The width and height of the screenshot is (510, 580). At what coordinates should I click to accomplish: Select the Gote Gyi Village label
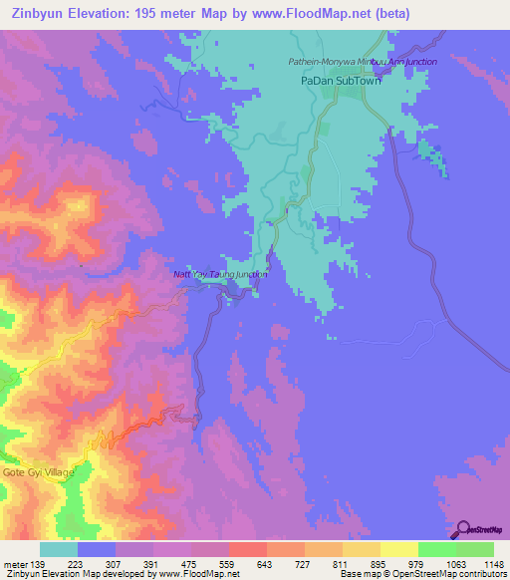(x=38, y=471)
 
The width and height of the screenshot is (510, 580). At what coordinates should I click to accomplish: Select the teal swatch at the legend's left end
(x=59, y=549)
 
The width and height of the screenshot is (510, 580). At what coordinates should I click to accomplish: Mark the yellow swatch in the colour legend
(x=398, y=549)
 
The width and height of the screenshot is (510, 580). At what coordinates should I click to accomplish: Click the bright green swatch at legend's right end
(x=475, y=549)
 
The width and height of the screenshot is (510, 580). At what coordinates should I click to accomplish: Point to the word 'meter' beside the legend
(x=15, y=564)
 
